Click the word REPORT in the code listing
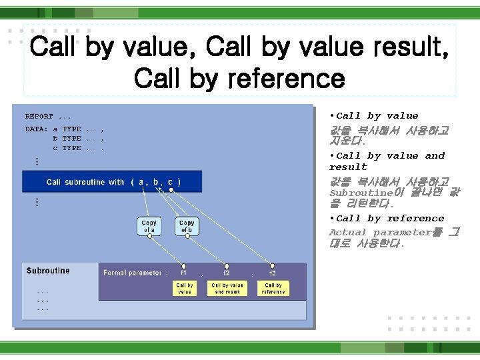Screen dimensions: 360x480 tap(39, 117)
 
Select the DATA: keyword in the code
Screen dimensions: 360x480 tap(36, 129)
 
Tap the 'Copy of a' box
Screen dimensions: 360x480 tap(149, 227)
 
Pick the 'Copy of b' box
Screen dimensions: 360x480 tap(187, 227)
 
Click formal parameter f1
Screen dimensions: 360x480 tap(184, 273)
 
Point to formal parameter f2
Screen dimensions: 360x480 tap(227, 273)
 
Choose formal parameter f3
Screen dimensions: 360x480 tap(272, 273)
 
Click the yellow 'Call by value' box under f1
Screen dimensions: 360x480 tap(185, 289)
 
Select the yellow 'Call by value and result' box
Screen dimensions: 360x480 tap(227, 289)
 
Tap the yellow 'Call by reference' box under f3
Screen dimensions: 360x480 tap(273, 289)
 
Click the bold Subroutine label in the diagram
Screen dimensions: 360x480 tap(48, 271)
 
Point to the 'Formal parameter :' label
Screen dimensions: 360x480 tap(135, 273)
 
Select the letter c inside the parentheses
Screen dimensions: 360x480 tap(171, 182)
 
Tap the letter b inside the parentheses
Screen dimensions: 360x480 tap(155, 182)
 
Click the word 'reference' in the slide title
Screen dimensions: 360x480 tap(286, 79)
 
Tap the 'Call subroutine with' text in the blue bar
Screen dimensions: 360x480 tap(85, 182)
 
